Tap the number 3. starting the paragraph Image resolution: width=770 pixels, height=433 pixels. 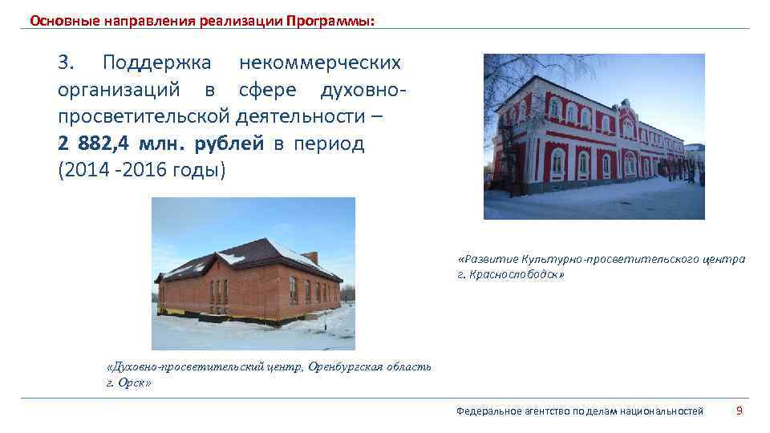(67, 63)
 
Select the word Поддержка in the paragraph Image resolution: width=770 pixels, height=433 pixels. (156, 63)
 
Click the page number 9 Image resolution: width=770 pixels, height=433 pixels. (740, 411)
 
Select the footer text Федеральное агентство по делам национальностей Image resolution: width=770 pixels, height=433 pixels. (579, 411)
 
